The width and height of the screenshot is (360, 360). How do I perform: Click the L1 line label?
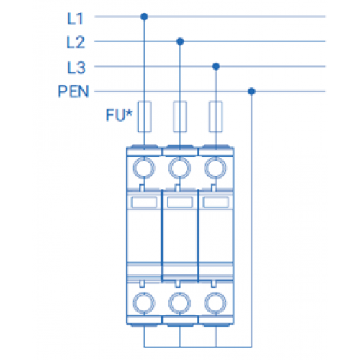(x=75, y=19)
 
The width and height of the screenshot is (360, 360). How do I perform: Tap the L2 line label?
(x=76, y=42)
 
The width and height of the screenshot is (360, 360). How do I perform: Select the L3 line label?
(x=76, y=68)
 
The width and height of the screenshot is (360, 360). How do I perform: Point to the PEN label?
(x=73, y=91)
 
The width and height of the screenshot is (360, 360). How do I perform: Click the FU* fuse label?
(x=119, y=114)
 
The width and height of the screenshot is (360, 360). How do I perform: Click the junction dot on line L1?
(x=144, y=17)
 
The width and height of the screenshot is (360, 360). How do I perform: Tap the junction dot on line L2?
(x=180, y=42)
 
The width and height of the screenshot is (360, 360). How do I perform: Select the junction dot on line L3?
(x=216, y=66)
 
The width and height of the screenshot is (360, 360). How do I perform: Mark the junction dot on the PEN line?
(x=251, y=91)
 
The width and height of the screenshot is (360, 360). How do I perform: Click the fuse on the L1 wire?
(x=144, y=117)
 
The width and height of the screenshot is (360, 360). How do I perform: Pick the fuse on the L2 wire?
(x=180, y=117)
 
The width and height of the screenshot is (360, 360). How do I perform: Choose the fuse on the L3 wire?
(x=215, y=117)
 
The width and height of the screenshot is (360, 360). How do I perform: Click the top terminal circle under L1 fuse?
(x=144, y=168)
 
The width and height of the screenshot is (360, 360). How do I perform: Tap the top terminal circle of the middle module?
(x=180, y=168)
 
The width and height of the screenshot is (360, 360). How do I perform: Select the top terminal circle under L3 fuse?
(x=215, y=168)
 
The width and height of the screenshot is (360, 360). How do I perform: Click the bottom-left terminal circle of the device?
(x=144, y=303)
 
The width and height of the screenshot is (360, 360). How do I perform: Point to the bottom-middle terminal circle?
(x=180, y=303)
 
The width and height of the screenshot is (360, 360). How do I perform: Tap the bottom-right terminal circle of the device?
(x=215, y=303)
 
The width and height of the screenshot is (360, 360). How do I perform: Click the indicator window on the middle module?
(x=180, y=202)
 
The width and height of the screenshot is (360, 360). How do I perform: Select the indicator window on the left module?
(x=144, y=202)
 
